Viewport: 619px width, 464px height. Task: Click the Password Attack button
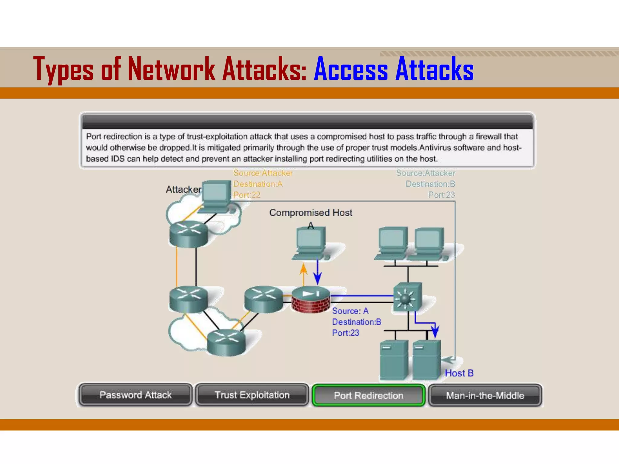point(135,395)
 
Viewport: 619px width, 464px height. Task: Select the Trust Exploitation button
point(252,395)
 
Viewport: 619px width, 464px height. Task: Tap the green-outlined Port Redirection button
point(368,395)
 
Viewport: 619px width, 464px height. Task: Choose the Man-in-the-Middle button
point(485,395)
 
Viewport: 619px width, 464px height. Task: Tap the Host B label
point(459,373)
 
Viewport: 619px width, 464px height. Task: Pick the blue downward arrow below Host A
point(317,272)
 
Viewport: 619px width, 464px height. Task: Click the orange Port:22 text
point(247,195)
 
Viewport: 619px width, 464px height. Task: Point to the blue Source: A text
point(350,311)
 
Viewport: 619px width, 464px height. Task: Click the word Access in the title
point(351,69)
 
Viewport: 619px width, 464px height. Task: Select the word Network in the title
point(171,69)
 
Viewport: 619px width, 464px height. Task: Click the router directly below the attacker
point(189,234)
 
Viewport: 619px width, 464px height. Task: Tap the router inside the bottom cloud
point(226,342)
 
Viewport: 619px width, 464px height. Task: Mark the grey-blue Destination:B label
point(430,184)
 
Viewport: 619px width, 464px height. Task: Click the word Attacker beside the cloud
point(183,189)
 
